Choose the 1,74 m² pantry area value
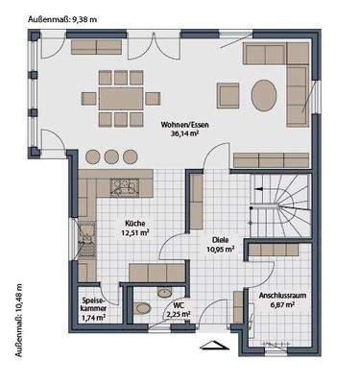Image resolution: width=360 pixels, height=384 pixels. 93,317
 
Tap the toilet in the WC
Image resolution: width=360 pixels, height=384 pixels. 144,308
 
